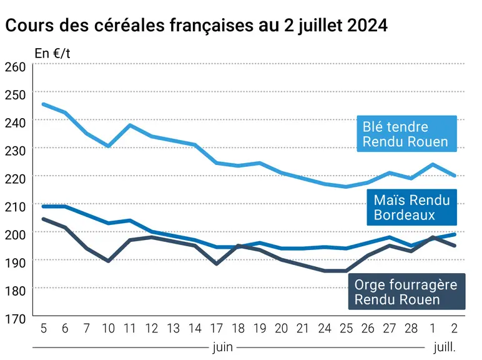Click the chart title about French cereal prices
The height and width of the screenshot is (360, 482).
click(x=197, y=25)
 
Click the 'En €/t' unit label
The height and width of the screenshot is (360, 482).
click(x=52, y=54)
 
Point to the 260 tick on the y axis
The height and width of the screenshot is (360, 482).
click(x=16, y=67)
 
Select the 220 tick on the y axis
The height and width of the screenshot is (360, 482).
click(x=16, y=179)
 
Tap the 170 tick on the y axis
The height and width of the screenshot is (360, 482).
click(x=16, y=319)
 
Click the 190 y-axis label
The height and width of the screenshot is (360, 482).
click(x=16, y=262)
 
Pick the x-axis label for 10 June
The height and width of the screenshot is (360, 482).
click(x=108, y=329)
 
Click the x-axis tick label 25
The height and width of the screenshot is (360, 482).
click(x=346, y=329)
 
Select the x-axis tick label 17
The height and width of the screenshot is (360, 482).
click(x=217, y=329)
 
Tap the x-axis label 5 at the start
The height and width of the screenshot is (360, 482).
click(x=44, y=329)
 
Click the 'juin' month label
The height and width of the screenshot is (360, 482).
click(x=222, y=347)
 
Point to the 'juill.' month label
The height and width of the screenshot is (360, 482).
click(x=445, y=347)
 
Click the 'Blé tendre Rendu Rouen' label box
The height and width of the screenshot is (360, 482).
click(x=406, y=134)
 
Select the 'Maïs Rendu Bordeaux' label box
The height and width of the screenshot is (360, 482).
click(x=411, y=207)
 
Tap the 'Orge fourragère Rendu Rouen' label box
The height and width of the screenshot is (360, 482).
click(x=406, y=291)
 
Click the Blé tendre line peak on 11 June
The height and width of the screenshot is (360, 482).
click(x=130, y=125)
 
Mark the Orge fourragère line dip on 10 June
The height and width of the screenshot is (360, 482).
click(x=108, y=261)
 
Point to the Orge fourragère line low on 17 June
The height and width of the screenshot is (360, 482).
click(x=217, y=264)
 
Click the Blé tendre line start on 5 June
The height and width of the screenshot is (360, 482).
click(x=44, y=104)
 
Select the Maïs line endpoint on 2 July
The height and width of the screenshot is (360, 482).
click(x=455, y=234)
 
